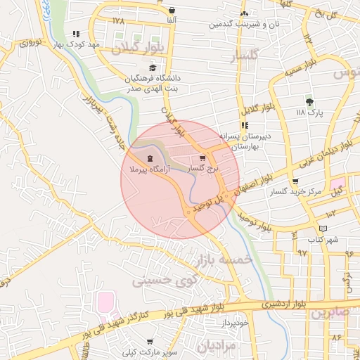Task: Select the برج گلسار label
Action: (x=205, y=169)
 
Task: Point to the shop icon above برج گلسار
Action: (x=202, y=158)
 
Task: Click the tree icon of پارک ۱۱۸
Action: (x=309, y=102)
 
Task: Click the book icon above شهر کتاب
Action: (x=323, y=229)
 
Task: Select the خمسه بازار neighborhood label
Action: (x=226, y=259)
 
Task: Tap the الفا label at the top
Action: (x=172, y=21)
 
